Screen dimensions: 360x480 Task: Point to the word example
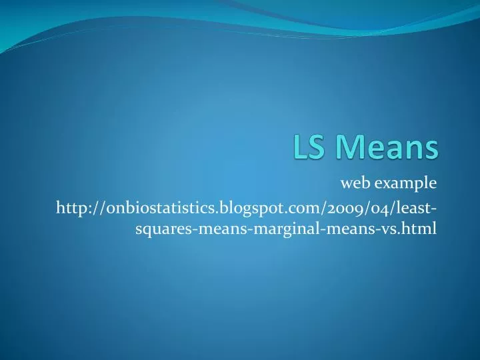pyautogui.click(x=406, y=181)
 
